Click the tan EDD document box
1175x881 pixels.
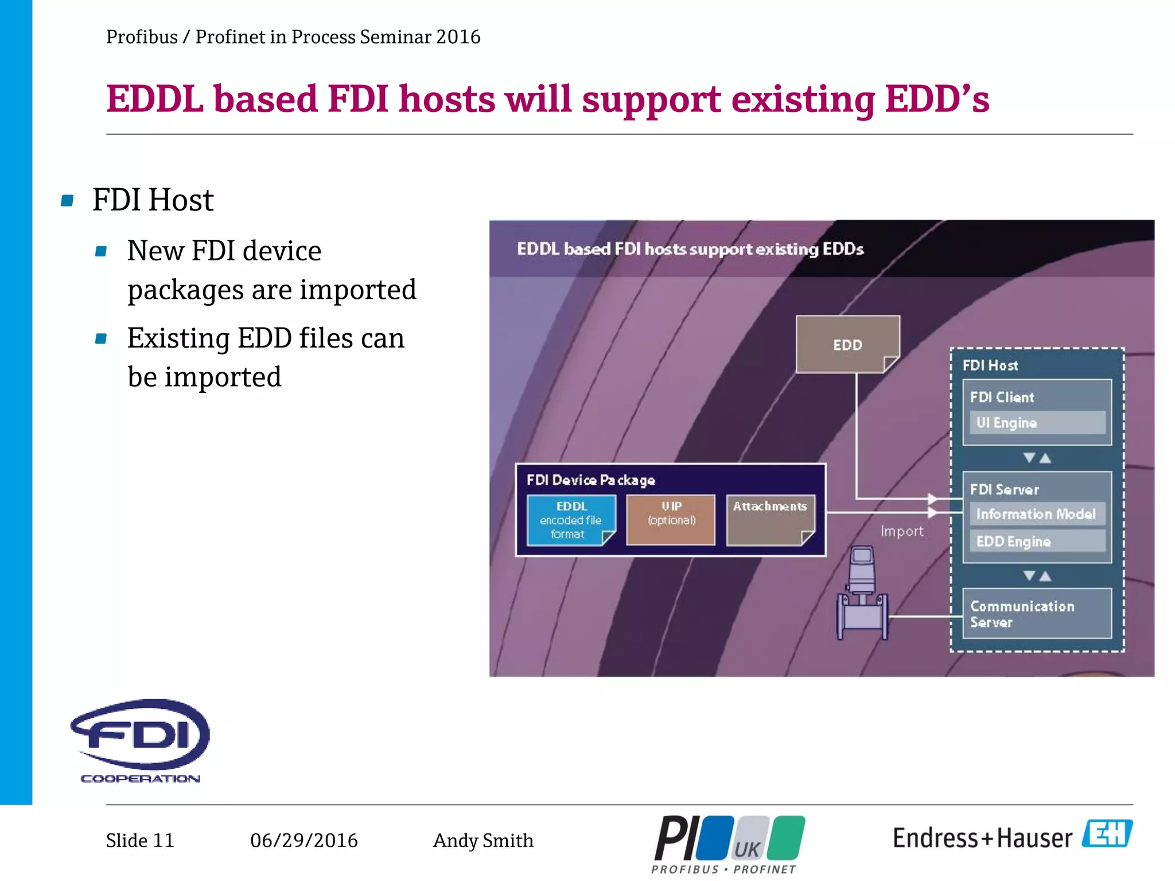point(847,344)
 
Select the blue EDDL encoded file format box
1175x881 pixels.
point(571,520)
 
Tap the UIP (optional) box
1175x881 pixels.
point(671,520)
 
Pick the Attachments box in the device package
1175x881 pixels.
point(770,520)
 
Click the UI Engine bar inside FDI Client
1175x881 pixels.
point(1037,423)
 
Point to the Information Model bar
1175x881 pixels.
point(1037,514)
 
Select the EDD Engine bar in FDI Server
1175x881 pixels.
point(1037,541)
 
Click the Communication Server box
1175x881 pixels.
point(1037,614)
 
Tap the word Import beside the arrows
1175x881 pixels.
point(902,532)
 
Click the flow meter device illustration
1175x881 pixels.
point(862,594)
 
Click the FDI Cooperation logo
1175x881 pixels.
point(141,740)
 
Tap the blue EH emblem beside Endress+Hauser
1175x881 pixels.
point(1107,834)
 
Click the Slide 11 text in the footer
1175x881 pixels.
point(140,841)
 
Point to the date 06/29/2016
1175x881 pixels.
point(304,841)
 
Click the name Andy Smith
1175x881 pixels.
point(483,841)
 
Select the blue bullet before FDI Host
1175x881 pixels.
point(67,201)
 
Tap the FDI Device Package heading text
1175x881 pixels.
point(590,480)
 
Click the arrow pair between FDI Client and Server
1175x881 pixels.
point(1037,458)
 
